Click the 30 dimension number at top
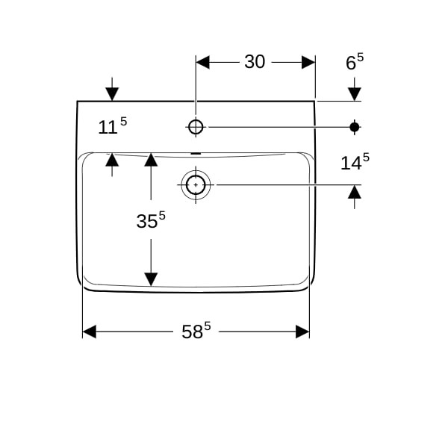(255, 62)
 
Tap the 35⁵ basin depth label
(151, 220)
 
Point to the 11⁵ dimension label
(112, 125)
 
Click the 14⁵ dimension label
(355, 162)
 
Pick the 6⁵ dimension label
(355, 61)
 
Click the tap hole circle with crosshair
(196, 127)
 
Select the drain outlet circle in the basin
(196, 185)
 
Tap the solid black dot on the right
(355, 127)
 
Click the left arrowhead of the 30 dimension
(202, 62)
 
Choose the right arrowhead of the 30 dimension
(308, 62)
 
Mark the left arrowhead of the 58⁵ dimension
(89, 332)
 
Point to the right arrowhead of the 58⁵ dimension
(302, 332)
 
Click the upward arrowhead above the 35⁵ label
(151, 160)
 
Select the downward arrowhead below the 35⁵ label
(151, 279)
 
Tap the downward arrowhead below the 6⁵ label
(355, 94)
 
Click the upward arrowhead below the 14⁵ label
(355, 192)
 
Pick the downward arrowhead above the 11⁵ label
(112, 94)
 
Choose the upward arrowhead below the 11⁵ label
(112, 160)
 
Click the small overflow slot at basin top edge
(196, 154)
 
